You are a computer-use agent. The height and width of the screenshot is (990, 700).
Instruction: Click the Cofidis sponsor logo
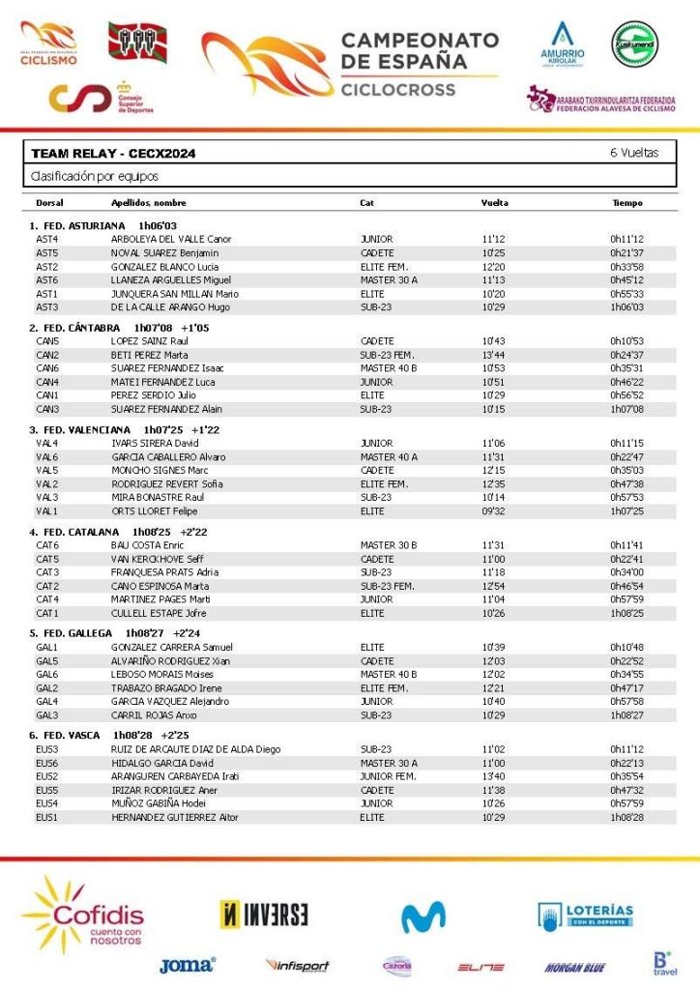pos(83,915)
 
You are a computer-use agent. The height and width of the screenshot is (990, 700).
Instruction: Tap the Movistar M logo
pos(423,916)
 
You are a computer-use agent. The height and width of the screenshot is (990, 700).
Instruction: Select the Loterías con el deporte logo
pos(586,915)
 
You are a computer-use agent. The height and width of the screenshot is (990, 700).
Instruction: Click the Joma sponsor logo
pos(187,964)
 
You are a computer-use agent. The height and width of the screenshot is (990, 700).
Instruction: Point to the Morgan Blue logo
pos(574,966)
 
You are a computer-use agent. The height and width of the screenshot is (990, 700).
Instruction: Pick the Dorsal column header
pos(49,203)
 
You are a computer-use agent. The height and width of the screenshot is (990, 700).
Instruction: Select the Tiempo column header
pos(627,203)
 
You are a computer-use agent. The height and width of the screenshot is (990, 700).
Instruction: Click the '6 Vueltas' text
pos(634,153)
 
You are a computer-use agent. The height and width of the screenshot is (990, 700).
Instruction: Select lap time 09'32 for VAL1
pos(493,510)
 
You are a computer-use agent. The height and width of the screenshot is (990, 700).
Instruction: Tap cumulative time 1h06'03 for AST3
pos(627,306)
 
